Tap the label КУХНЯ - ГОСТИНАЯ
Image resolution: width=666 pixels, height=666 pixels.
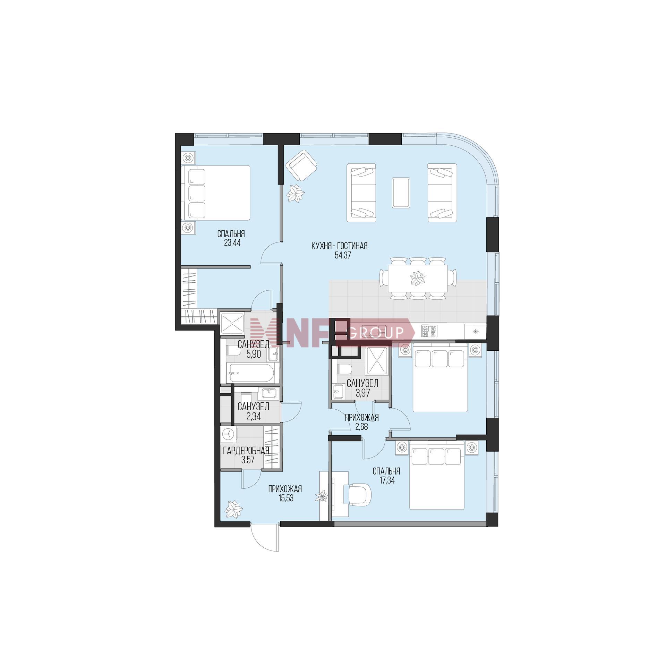(339, 246)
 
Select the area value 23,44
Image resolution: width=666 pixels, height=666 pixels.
(232, 242)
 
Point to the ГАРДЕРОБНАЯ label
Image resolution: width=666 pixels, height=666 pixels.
(246, 451)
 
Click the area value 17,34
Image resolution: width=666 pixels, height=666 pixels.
(386, 480)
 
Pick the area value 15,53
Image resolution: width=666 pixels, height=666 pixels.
(285, 498)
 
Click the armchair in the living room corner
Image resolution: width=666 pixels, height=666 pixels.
(301, 165)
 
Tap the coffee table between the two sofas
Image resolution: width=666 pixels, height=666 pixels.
(401, 193)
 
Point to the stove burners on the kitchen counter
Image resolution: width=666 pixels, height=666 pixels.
(429, 331)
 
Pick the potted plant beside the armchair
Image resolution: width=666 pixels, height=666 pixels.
(296, 193)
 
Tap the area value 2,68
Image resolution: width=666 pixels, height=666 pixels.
(361, 427)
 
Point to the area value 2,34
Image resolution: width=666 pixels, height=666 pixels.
(254, 416)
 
